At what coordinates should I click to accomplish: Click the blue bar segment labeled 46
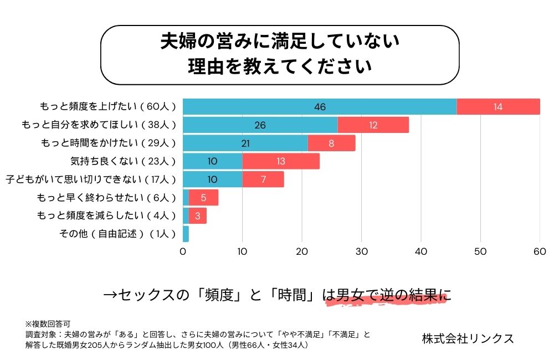pyautogui.click(x=320, y=107)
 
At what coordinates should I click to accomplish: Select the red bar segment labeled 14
pyautogui.click(x=498, y=107)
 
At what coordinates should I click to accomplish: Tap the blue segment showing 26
pyautogui.click(x=260, y=125)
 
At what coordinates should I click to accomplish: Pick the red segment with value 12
pyautogui.click(x=373, y=125)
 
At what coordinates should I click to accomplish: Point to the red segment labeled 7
pyautogui.click(x=263, y=179)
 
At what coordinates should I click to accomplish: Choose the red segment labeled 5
pyautogui.click(x=204, y=198)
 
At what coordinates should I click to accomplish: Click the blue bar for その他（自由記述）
pyautogui.click(x=186, y=234)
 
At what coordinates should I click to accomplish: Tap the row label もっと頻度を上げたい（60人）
pyautogui.click(x=108, y=107)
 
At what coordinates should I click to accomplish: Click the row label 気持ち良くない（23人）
pyautogui.click(x=123, y=161)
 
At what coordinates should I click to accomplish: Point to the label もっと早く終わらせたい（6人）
pyautogui.click(x=106, y=198)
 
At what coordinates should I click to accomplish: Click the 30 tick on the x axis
pyautogui.click(x=362, y=251)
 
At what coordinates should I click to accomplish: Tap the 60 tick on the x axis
pyautogui.click(x=540, y=251)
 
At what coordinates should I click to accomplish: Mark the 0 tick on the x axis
pyautogui.click(x=183, y=251)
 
